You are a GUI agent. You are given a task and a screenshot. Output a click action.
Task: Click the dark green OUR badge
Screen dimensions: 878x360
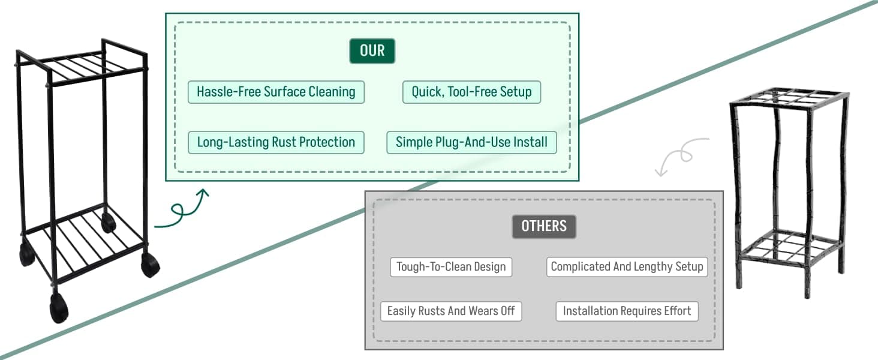tap(372, 50)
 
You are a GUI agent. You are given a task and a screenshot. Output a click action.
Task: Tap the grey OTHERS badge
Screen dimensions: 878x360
tap(544, 226)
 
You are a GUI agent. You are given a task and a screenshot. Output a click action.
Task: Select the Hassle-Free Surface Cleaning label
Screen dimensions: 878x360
tap(276, 92)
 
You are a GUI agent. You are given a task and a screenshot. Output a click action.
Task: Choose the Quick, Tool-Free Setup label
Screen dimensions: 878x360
tap(471, 92)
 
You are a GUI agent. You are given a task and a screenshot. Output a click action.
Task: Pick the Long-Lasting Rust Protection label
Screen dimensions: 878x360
tap(276, 142)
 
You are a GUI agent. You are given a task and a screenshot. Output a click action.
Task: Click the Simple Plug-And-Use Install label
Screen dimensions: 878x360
tap(471, 142)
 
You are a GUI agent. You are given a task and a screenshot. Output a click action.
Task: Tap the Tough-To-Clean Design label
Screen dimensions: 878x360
tap(451, 267)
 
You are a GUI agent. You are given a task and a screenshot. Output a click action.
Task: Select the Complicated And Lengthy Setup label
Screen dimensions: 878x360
tap(627, 267)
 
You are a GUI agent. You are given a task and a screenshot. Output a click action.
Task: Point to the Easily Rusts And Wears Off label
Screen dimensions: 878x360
tap(451, 311)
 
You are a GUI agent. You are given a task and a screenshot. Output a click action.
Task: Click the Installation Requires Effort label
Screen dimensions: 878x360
tap(627, 311)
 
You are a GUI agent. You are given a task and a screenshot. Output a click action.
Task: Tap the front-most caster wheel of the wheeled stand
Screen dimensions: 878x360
tap(59, 308)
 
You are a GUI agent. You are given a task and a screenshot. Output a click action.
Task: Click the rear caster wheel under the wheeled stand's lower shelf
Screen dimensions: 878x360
tap(108, 222)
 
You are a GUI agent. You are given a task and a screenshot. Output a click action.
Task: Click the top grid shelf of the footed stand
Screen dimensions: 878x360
tap(789, 97)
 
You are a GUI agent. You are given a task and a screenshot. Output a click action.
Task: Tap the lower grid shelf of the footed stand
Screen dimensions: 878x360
tap(790, 247)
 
